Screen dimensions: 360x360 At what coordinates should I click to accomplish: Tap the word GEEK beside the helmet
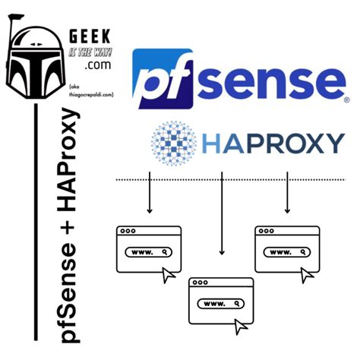[89, 36]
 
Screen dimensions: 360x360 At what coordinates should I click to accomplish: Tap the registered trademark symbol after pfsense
[346, 99]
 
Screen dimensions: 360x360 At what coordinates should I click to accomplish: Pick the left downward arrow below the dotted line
[150, 194]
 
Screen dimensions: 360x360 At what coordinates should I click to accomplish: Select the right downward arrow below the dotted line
[287, 194]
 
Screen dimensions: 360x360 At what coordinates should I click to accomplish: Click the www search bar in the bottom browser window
[223, 303]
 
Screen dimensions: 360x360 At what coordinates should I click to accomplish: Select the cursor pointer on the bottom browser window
[242, 327]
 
